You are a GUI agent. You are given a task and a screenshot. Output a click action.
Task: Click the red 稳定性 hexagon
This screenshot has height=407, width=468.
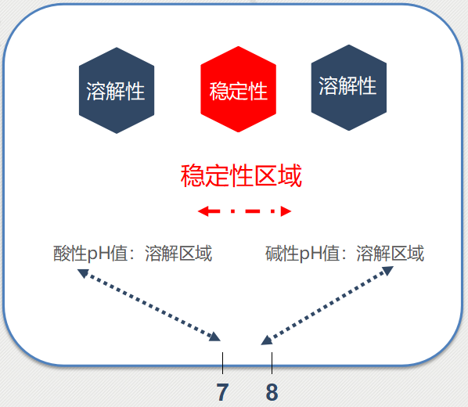[x=238, y=89]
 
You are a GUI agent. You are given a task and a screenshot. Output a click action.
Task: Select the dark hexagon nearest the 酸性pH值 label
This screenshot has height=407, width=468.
[x=117, y=91]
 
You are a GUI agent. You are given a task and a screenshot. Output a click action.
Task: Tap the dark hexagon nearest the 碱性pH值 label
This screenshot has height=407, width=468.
[x=348, y=88]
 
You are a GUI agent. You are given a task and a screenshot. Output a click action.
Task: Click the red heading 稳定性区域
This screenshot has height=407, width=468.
[x=241, y=175]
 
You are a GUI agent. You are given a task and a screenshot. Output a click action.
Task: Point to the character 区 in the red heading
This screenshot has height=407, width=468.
[x=265, y=175]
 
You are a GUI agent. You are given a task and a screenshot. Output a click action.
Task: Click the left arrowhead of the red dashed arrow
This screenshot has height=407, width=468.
[x=203, y=211]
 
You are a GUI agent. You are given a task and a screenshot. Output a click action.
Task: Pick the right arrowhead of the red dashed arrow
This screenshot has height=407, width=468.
[x=286, y=211]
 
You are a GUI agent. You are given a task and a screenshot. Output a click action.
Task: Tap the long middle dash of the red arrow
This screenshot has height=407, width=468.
[x=253, y=211]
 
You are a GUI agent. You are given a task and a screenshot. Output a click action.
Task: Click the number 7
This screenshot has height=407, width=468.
[x=222, y=392]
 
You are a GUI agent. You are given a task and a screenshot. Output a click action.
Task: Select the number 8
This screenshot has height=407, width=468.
[x=272, y=392]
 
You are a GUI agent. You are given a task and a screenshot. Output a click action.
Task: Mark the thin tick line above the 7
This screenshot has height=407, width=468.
[x=223, y=363]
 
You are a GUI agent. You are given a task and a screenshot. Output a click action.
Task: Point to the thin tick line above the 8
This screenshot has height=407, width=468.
[x=272, y=363]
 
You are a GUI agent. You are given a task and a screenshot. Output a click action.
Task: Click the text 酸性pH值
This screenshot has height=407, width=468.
[x=91, y=254]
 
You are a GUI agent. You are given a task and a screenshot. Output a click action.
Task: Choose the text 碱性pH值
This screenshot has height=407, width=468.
[x=303, y=254]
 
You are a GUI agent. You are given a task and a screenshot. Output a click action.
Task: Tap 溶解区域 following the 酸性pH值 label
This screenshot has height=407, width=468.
[x=178, y=254]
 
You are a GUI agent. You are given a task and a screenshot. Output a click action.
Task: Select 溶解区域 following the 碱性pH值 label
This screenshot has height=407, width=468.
[x=390, y=254]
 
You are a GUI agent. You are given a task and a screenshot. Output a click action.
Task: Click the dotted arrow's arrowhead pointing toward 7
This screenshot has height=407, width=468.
[x=215, y=337]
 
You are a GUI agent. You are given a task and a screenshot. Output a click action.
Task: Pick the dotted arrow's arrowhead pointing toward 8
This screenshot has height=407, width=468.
[x=267, y=340]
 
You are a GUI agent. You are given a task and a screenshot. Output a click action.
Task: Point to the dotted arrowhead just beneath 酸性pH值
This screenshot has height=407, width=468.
[x=83, y=273]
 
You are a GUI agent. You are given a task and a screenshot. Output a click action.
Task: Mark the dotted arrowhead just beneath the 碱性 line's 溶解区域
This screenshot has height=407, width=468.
[x=387, y=271]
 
